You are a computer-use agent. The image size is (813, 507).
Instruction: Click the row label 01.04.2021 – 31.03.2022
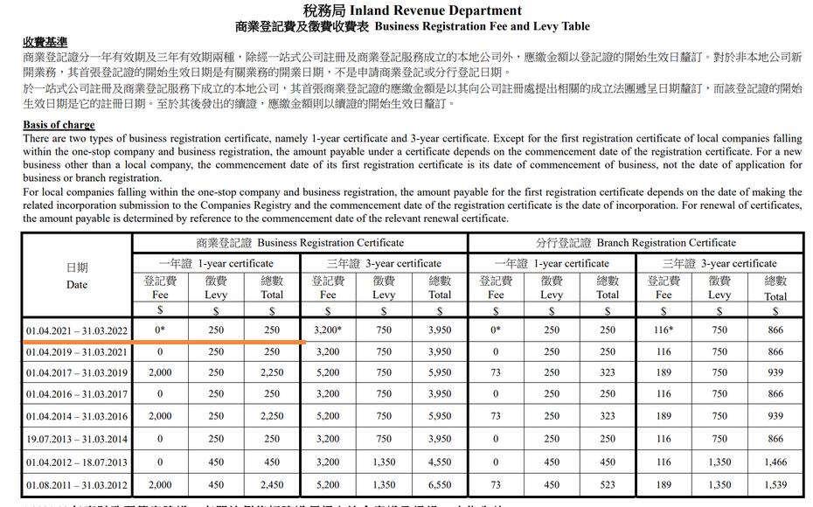click(77, 330)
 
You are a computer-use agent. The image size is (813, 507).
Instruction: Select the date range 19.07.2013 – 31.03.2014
click(77, 440)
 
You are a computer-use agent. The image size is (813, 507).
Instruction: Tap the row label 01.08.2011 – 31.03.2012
click(77, 485)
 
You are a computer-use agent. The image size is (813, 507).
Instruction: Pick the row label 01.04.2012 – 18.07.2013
click(77, 462)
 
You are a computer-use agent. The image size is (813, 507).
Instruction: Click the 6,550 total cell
click(440, 485)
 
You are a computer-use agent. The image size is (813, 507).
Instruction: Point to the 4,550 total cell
click(440, 462)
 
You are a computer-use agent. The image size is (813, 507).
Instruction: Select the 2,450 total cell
click(272, 485)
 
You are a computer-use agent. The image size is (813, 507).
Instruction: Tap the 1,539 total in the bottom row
click(775, 485)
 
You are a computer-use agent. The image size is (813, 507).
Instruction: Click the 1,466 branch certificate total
click(775, 462)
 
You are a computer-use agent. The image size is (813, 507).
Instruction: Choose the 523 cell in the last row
click(608, 485)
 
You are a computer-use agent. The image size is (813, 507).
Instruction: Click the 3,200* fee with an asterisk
click(328, 330)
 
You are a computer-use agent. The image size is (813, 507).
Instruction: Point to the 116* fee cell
click(664, 330)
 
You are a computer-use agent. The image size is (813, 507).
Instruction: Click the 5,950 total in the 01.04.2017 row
click(440, 373)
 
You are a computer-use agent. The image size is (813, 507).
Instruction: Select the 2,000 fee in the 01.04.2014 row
click(160, 417)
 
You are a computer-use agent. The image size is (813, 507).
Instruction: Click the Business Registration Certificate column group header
click(300, 242)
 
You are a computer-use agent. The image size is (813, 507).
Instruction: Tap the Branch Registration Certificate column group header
click(636, 242)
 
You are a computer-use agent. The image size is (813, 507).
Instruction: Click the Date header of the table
click(77, 276)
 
